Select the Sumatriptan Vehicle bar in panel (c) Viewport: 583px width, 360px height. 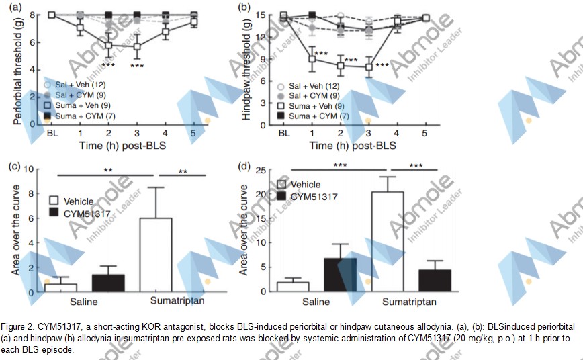pos(155,255)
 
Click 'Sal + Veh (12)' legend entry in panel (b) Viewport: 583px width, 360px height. pos(313,86)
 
